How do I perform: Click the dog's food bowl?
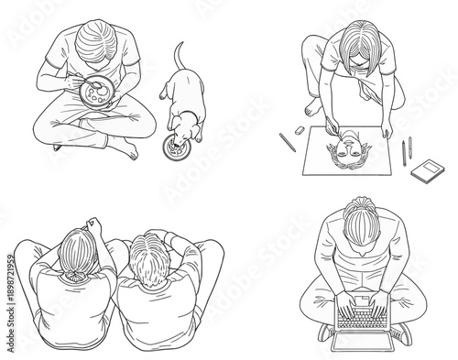point(173,145)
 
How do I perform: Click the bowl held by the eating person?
point(97,93)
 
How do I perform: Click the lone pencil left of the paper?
point(287,142)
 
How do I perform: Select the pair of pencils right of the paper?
point(405,149)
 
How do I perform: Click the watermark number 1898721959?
point(6,274)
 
